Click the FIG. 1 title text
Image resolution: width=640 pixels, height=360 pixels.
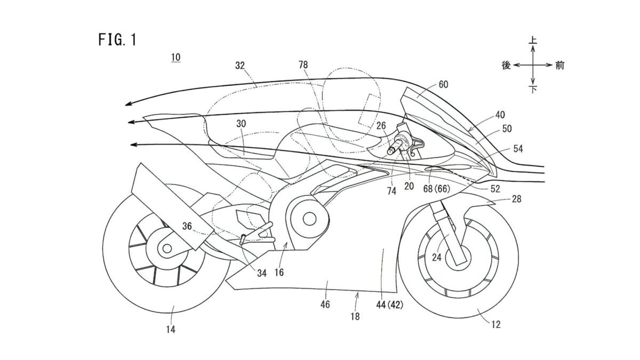117,40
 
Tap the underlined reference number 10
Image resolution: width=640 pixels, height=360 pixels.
175,57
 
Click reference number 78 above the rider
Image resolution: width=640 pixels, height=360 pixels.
303,65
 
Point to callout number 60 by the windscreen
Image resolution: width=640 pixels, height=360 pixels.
443,84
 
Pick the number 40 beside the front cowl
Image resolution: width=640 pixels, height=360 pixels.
500,115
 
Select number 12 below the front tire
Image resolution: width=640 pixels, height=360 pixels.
496,324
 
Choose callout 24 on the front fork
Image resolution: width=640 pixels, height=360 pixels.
437,257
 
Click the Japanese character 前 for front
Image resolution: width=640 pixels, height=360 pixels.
559,65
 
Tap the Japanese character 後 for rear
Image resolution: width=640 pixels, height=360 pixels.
507,65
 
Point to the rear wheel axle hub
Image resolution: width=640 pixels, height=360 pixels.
167,248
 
